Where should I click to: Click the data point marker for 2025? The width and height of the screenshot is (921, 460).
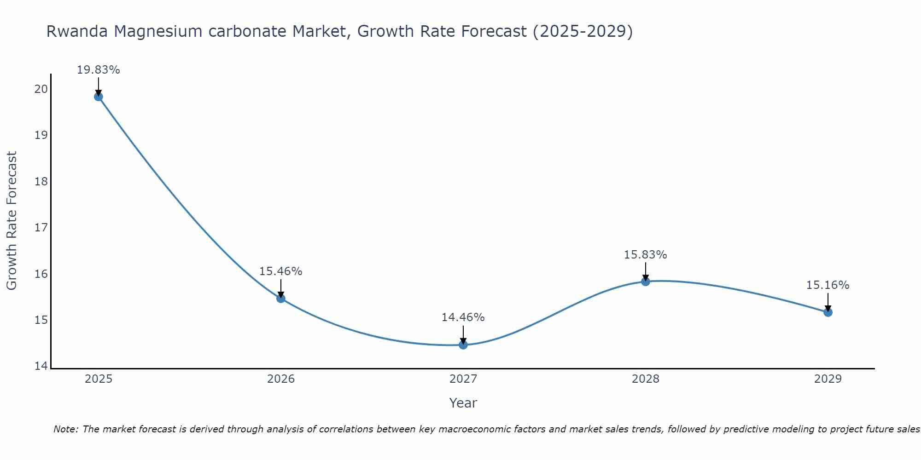tap(98, 97)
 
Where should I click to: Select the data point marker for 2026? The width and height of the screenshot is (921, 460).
tap(281, 299)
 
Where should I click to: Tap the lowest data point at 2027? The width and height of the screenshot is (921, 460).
tap(463, 345)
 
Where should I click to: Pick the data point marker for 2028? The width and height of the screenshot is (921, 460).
tap(646, 282)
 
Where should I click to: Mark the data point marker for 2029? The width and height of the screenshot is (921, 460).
tap(828, 312)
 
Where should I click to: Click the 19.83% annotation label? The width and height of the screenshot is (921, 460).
tap(98, 70)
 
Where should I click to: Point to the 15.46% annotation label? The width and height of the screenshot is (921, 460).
tap(280, 271)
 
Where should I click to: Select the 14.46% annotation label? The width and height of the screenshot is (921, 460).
tap(463, 317)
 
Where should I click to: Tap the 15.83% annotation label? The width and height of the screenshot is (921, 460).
tap(645, 255)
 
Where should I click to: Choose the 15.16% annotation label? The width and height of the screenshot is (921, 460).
tap(828, 285)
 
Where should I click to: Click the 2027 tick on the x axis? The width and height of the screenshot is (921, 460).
tap(463, 379)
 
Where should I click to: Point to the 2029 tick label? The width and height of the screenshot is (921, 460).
tap(828, 379)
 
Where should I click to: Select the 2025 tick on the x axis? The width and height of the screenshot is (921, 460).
tap(99, 379)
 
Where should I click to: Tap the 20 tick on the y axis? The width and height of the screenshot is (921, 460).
tap(41, 89)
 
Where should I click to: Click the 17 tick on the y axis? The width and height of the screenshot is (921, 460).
tap(41, 228)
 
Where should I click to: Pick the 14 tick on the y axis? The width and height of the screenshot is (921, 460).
tap(41, 366)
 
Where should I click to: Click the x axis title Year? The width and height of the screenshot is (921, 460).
tap(463, 403)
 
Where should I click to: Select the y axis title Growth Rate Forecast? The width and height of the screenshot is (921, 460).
tap(12, 221)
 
